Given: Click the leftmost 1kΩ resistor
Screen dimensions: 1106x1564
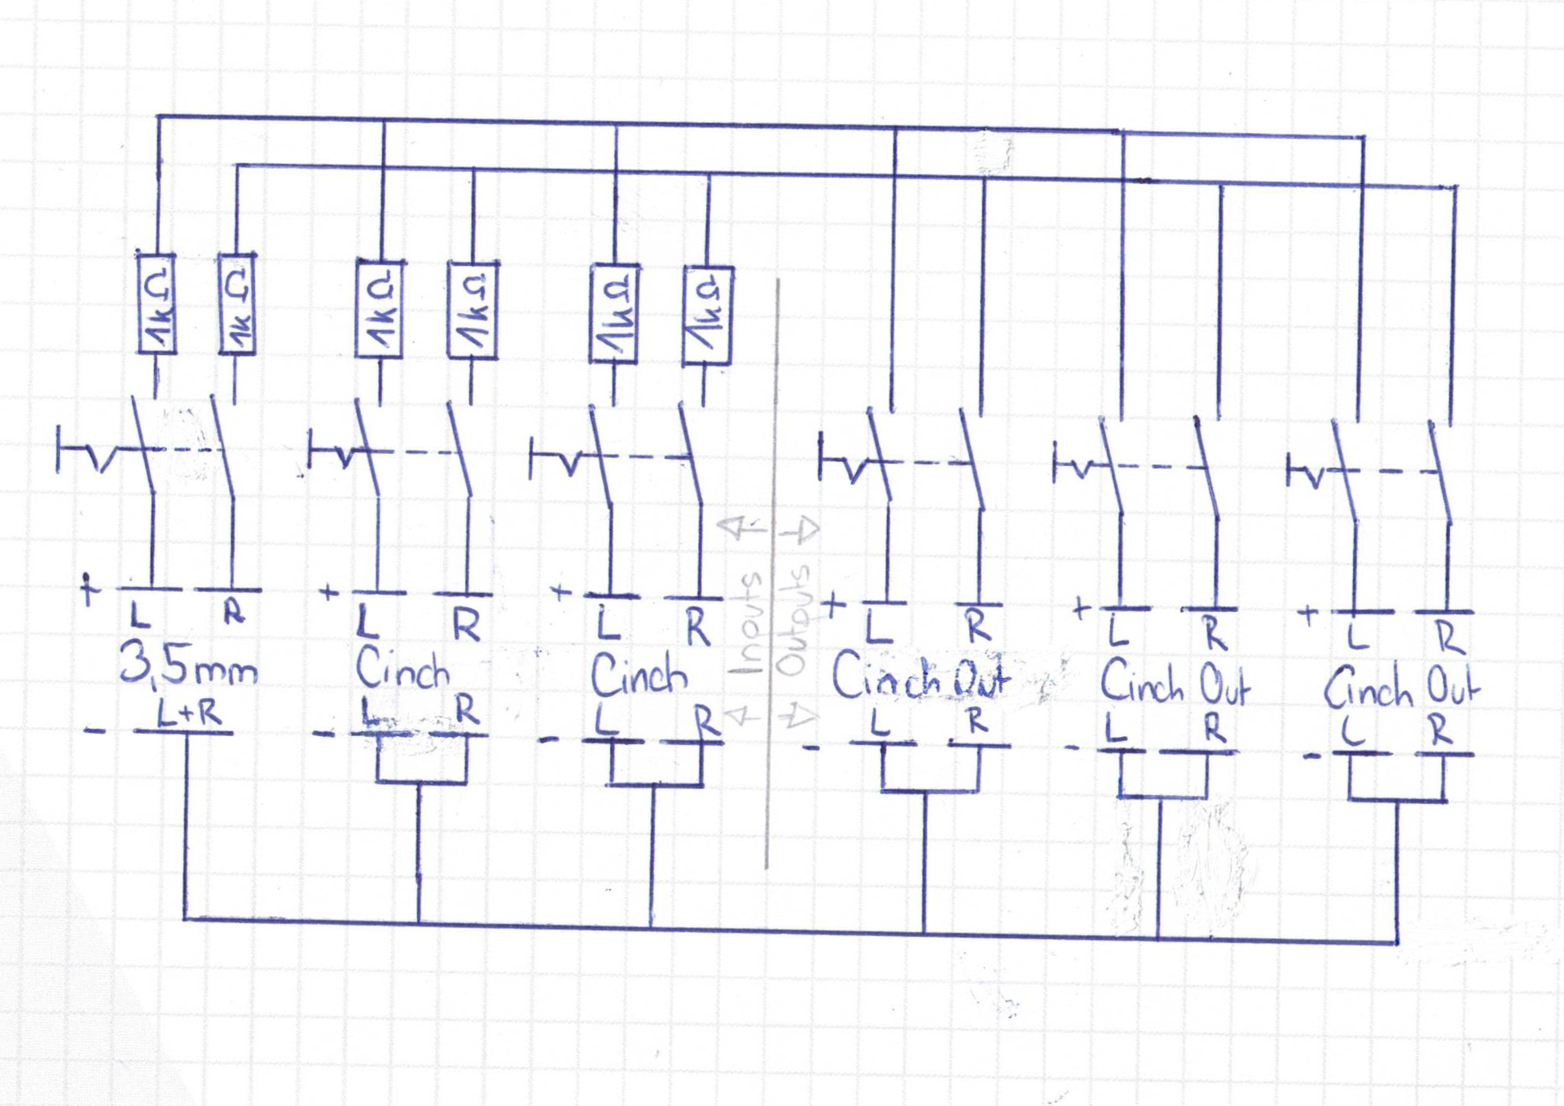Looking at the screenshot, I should (x=156, y=304).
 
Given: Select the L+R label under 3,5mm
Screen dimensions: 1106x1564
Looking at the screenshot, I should (x=188, y=715).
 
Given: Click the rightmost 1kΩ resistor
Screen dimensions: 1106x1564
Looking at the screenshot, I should (x=707, y=315).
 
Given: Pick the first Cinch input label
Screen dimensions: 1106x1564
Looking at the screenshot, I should (x=402, y=670).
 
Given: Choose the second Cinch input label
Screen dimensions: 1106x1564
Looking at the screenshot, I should (x=639, y=675).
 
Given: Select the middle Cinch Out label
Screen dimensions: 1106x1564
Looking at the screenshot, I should (x=1175, y=683).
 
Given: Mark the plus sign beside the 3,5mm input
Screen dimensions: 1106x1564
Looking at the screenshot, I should (x=89, y=588).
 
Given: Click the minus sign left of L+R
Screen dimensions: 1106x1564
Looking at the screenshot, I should (x=94, y=730).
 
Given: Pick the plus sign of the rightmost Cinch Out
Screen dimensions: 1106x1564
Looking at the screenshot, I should (x=1307, y=614).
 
